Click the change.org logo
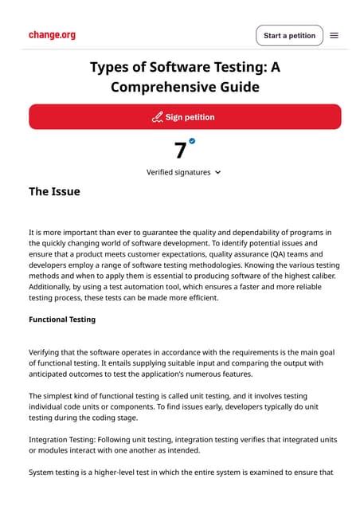(x=52, y=35)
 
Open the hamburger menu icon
(x=335, y=36)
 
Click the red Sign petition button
(x=185, y=116)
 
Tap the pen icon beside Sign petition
(x=157, y=117)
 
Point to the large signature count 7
(x=181, y=150)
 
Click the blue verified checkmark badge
(x=192, y=141)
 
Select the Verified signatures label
(x=178, y=172)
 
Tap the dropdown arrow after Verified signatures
(x=218, y=172)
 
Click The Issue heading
(x=54, y=191)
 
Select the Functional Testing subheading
(x=62, y=320)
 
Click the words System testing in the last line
(x=57, y=473)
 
